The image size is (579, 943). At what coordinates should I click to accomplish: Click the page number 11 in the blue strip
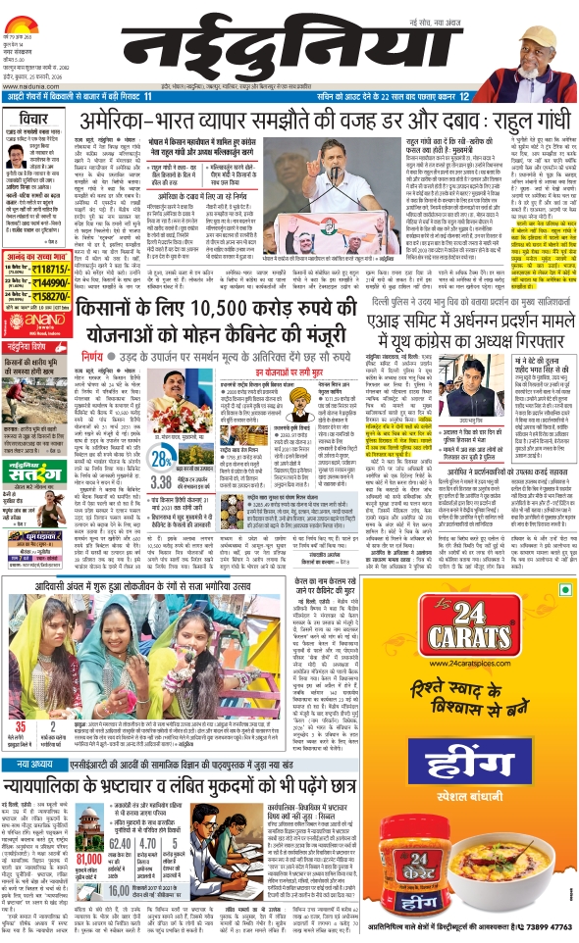tap(148, 97)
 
